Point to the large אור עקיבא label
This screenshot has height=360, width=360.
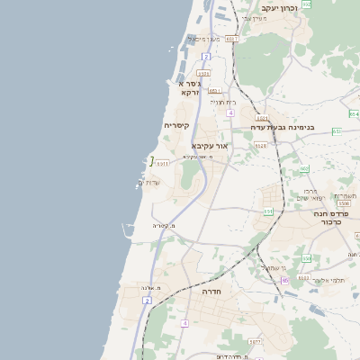point(211,145)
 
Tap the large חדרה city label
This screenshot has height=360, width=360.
point(213,292)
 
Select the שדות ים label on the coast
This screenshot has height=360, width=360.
point(148,183)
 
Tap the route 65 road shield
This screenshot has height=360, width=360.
point(284,281)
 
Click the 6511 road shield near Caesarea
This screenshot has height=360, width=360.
point(162,164)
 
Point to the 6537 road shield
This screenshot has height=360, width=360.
point(232,39)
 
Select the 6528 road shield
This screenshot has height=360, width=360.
point(261,144)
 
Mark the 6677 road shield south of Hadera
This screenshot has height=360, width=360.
point(255,342)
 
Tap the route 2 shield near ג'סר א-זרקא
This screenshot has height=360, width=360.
point(206,57)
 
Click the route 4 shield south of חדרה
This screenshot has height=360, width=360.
point(184,322)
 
